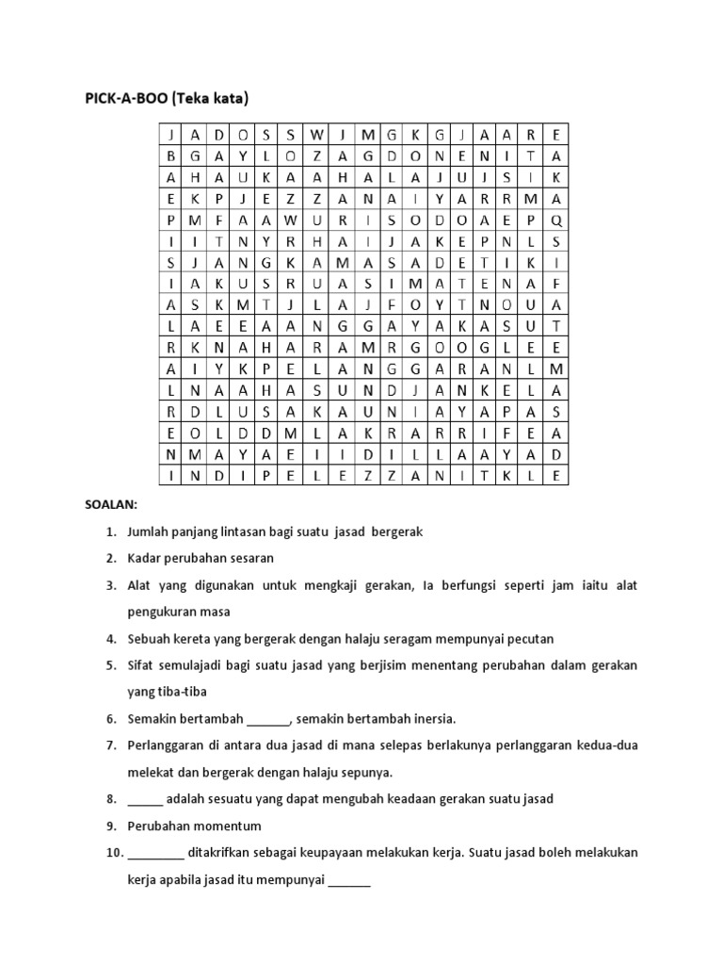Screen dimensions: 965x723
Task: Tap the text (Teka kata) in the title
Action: click(x=217, y=97)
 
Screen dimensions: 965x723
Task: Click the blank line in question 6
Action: click(x=268, y=719)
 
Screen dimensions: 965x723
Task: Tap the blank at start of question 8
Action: click(x=145, y=799)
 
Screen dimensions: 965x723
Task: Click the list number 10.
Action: click(x=114, y=853)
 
